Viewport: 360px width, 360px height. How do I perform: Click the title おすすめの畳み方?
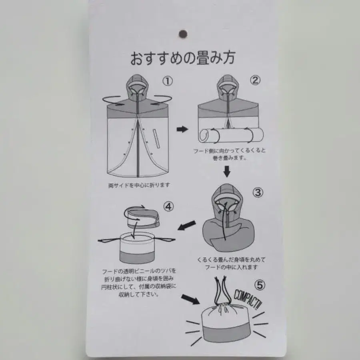tap(182, 58)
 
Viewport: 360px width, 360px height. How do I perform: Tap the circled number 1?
tap(168, 81)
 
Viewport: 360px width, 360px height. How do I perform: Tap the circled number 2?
tap(255, 80)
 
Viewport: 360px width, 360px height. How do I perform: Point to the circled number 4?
tap(169, 206)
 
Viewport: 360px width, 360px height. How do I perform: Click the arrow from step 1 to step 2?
tap(182, 129)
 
